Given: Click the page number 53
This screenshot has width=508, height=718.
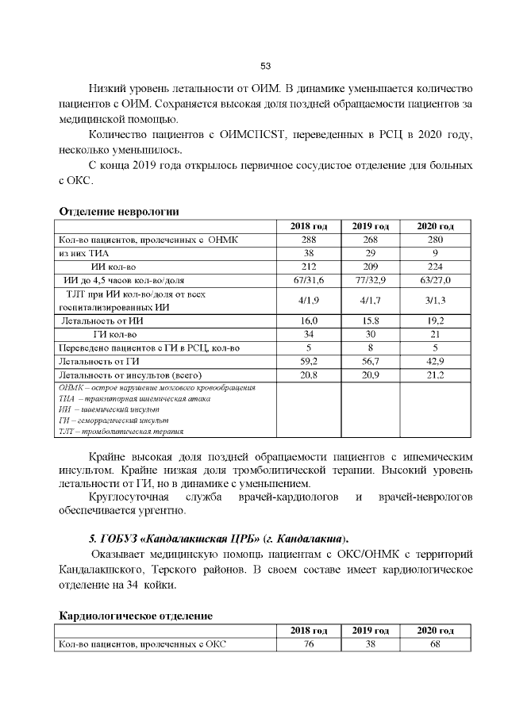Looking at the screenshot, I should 266,65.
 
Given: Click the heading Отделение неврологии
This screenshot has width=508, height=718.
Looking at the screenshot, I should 119,211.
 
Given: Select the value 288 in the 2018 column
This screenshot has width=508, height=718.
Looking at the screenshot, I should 309,240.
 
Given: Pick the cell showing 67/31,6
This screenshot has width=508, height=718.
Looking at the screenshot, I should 309,280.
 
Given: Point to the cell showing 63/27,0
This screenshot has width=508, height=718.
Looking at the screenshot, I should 435,280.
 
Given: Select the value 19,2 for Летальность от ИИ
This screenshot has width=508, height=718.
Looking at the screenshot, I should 435,321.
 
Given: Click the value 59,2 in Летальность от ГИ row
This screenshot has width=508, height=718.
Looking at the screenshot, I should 309,362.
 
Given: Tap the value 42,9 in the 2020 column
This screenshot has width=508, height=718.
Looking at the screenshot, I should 435,362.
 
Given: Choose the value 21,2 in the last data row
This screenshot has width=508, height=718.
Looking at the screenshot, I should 435,375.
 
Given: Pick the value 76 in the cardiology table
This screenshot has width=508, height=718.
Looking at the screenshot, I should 309,644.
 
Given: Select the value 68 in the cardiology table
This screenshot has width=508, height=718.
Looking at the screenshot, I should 435,644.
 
